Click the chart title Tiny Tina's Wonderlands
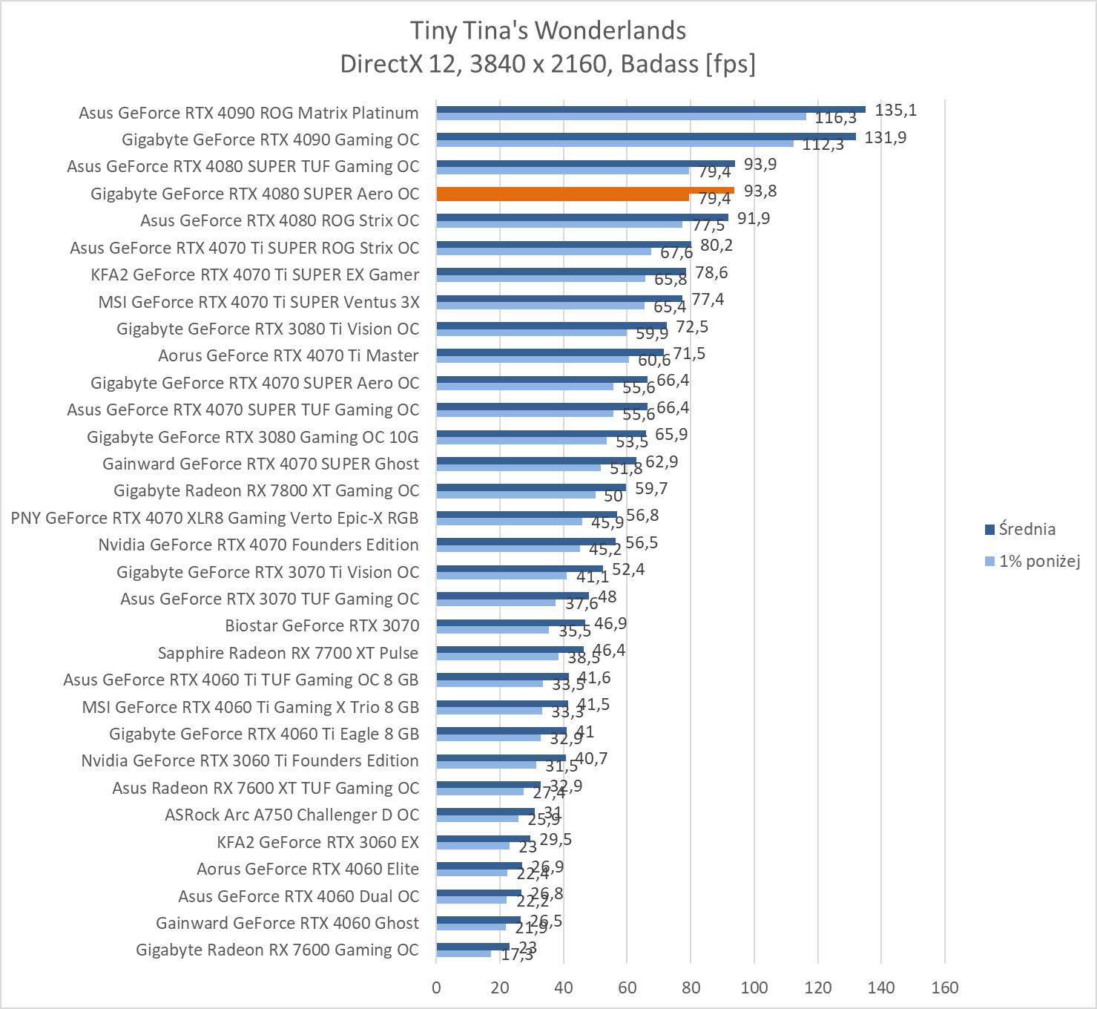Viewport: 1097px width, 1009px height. click(x=547, y=30)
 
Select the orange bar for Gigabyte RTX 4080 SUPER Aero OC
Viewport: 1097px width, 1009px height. click(x=584, y=194)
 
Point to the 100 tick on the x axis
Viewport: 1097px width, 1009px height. click(x=754, y=987)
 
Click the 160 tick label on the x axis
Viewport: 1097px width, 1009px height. click(x=945, y=987)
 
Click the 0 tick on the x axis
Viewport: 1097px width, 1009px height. click(x=436, y=987)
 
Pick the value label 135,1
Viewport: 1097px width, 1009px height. click(x=895, y=111)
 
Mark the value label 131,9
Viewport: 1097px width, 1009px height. click(x=886, y=137)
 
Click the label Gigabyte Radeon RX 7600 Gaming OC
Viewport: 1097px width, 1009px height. click(x=277, y=950)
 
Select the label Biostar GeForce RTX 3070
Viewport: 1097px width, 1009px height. click(x=322, y=625)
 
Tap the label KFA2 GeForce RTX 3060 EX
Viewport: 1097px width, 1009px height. click(x=317, y=842)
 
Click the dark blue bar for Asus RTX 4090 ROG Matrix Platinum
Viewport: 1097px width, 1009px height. click(x=650, y=109)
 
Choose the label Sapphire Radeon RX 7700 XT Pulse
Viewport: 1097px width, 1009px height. click(x=288, y=653)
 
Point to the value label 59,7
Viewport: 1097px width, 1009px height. click(x=650, y=488)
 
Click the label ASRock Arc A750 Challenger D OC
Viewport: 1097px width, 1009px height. click(x=291, y=815)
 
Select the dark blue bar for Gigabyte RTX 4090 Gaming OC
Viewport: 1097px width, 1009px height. click(x=645, y=137)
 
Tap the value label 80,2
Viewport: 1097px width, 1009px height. click(x=716, y=245)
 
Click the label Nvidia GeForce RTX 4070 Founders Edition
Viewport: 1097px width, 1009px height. click(x=258, y=545)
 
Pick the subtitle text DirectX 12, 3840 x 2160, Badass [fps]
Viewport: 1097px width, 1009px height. click(x=547, y=65)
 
